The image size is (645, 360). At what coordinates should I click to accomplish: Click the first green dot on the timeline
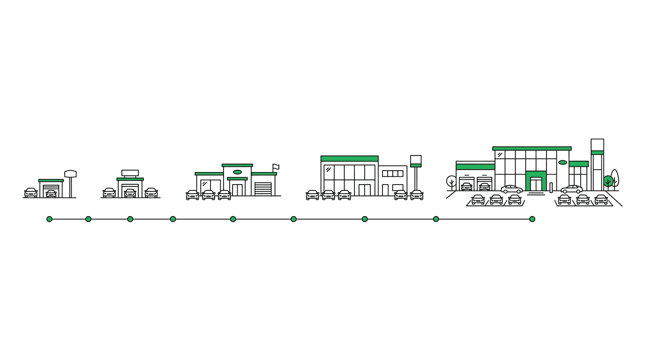pos(49,219)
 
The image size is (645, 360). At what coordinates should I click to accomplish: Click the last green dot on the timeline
pos(532,219)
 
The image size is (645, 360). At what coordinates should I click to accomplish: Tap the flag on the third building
pos(276,167)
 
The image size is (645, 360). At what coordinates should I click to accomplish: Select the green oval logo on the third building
pos(238,172)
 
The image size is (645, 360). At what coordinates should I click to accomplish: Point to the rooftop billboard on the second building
pos(130,173)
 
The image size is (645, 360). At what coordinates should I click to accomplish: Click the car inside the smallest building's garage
pos(51,194)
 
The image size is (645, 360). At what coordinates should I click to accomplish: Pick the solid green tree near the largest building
pos(608,181)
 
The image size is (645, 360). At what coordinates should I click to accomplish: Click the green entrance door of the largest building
pos(536,182)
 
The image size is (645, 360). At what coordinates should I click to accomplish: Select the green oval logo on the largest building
pos(562,163)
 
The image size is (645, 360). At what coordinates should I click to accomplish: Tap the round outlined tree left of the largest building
pos(451,181)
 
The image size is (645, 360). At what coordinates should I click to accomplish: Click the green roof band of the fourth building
pos(349,158)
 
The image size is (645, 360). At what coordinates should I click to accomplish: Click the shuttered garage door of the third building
pos(263,189)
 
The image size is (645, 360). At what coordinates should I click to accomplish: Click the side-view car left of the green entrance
pos(511,189)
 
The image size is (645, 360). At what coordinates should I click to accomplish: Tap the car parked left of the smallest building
pos(31,193)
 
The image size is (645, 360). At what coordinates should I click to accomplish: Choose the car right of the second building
pos(151,193)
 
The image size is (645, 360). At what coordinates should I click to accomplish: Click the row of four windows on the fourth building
pos(392,173)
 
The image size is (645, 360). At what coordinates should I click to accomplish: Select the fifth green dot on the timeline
pos(233,219)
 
